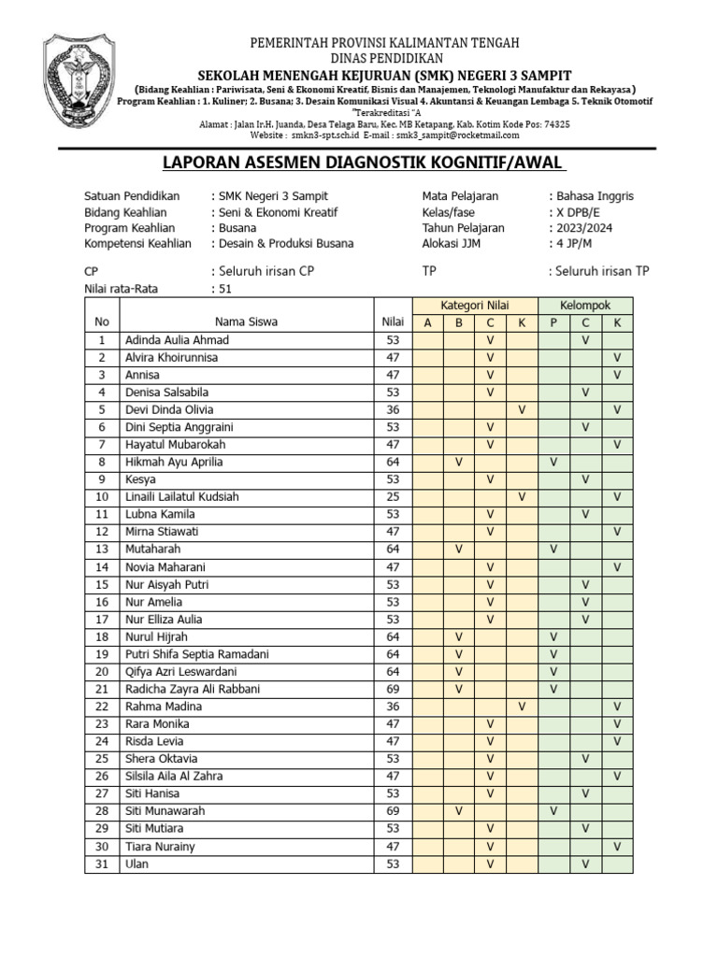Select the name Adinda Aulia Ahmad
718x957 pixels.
[x=177, y=340]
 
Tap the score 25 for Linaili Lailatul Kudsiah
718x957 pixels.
[x=393, y=497]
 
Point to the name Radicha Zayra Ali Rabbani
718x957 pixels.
[x=193, y=690]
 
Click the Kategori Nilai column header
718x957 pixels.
[x=475, y=306]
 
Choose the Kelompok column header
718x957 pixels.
[x=585, y=306]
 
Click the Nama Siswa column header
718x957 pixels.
[x=246, y=322]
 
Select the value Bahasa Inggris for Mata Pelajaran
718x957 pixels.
[x=594, y=196]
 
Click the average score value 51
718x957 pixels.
[x=224, y=289]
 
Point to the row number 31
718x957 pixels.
[x=102, y=864]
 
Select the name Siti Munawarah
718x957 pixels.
[x=165, y=812]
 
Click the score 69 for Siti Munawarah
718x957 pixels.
[x=393, y=812]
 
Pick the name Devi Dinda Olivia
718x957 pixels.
[x=169, y=410]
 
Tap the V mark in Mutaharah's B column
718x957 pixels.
[x=459, y=550]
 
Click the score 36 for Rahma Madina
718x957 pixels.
[x=393, y=707]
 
